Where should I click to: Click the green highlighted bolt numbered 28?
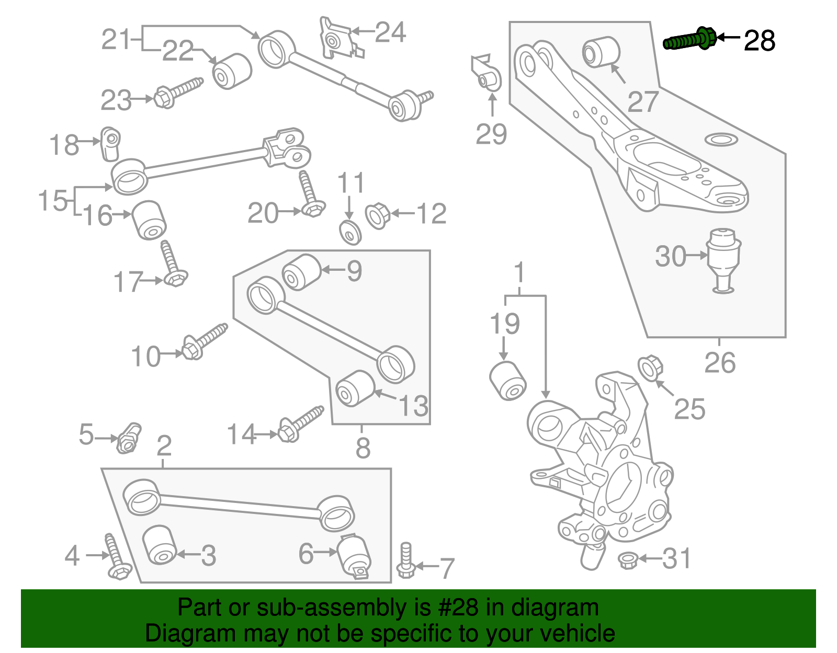(x=689, y=39)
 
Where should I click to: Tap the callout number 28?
(x=759, y=41)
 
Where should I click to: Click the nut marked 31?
(x=627, y=560)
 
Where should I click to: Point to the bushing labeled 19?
(x=507, y=381)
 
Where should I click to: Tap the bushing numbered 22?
(x=232, y=71)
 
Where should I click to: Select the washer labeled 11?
(x=350, y=232)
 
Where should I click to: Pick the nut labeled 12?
(x=377, y=216)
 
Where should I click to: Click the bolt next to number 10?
(x=205, y=341)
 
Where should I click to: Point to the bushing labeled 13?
(x=355, y=388)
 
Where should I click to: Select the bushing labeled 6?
(x=355, y=557)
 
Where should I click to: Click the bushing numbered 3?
(x=159, y=545)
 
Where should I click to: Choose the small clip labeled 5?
(x=128, y=438)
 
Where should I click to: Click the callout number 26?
(x=719, y=363)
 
